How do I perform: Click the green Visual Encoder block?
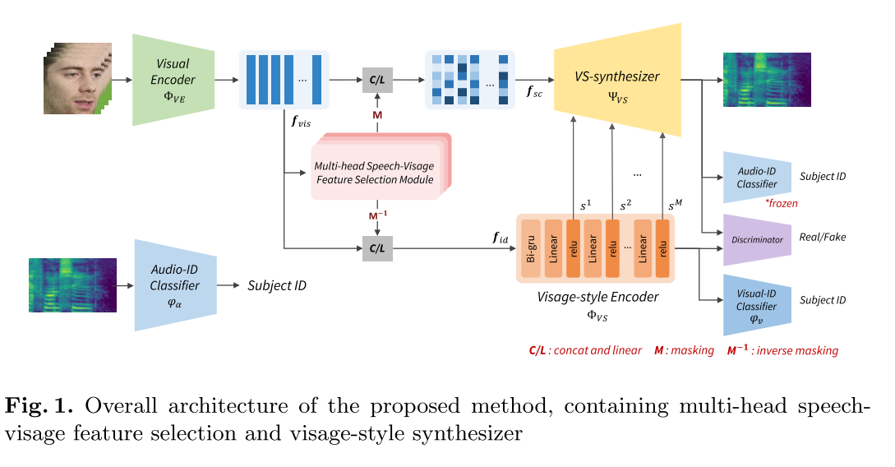(x=173, y=80)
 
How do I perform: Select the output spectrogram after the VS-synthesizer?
(x=766, y=80)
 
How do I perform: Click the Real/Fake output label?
(x=822, y=237)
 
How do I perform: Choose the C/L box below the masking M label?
(x=377, y=80)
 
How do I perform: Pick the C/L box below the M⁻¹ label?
(x=377, y=247)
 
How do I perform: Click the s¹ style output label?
(x=585, y=204)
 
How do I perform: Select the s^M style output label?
(x=676, y=204)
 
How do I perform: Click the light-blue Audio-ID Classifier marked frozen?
(x=754, y=176)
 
